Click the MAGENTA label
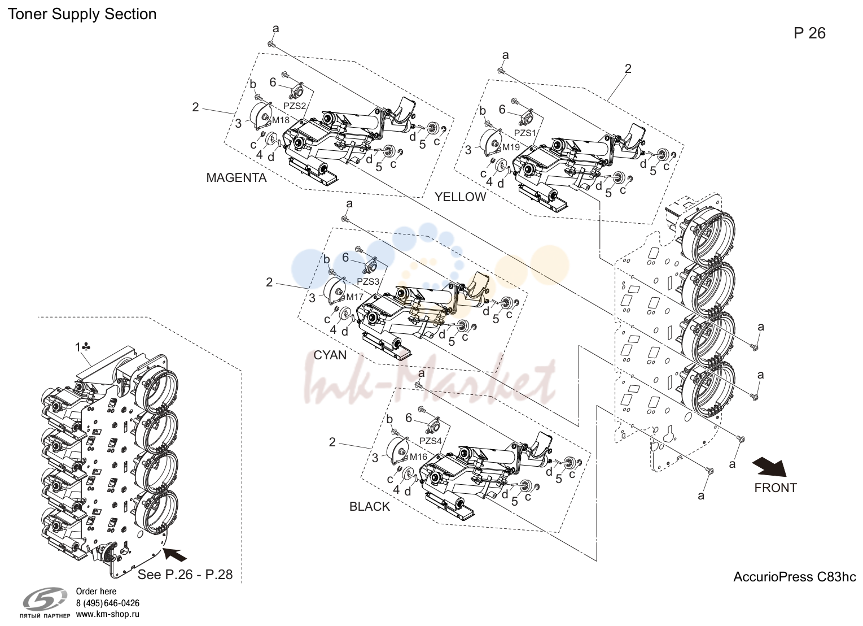coord(236,178)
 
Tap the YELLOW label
coord(461,197)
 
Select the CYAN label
coord(330,355)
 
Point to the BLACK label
coord(370,507)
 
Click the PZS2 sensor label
coord(295,106)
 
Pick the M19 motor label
coord(511,147)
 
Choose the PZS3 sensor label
coord(368,282)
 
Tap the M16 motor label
coord(418,457)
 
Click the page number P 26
coord(809,33)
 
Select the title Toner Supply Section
coord(82,14)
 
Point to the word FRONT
coord(775,488)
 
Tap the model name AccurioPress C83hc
coord(794,577)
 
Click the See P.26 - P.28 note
coord(185,575)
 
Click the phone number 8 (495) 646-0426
coord(107,603)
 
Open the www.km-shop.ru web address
coord(107,615)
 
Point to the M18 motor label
coord(281,120)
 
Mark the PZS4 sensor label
coord(430,441)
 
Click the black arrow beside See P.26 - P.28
coord(175,555)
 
